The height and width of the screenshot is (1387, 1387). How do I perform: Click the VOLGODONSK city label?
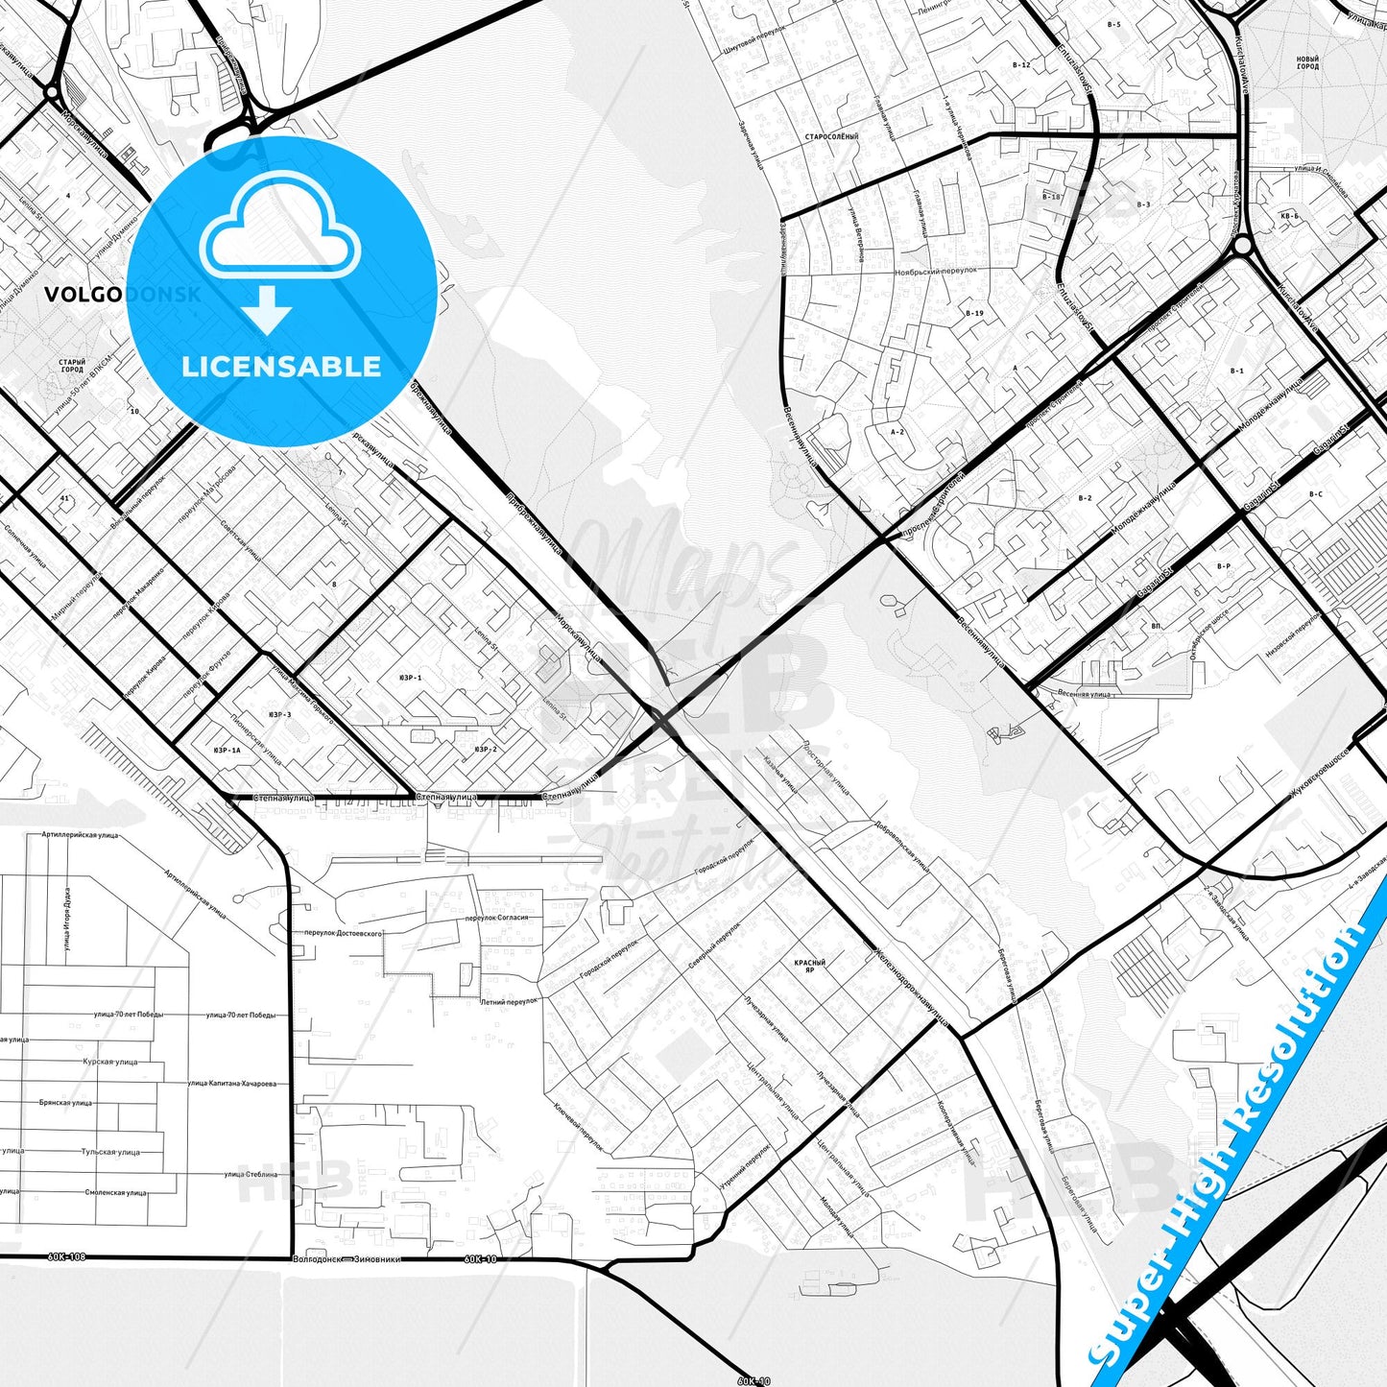[x=123, y=295]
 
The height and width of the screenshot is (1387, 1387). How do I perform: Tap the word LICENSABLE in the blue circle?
[x=281, y=367]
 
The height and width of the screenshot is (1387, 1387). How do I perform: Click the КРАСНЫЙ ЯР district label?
[x=809, y=965]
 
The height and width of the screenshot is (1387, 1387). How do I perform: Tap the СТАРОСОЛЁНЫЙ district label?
[x=832, y=137]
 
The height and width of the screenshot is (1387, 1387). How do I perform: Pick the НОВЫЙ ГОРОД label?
[x=1307, y=63]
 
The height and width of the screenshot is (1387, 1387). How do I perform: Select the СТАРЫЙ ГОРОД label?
[x=72, y=366]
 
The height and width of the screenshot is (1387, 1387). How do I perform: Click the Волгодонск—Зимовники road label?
[x=347, y=1259]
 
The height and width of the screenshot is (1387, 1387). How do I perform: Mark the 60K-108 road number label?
[x=65, y=1256]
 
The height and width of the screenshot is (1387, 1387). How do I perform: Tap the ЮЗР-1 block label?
[x=412, y=678]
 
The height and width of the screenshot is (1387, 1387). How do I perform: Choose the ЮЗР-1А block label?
[x=227, y=750]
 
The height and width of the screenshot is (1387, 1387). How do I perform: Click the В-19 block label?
[x=974, y=313]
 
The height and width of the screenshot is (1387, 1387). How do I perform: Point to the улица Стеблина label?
[x=251, y=1173]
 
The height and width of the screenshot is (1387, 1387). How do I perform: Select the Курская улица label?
[x=110, y=1062]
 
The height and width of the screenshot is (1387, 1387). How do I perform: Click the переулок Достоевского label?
[x=343, y=933]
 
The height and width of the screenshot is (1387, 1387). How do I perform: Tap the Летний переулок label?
[x=509, y=1001]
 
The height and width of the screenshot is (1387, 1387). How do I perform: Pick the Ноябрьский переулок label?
[x=936, y=271]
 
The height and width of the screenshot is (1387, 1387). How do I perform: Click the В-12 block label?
[x=1020, y=65]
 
